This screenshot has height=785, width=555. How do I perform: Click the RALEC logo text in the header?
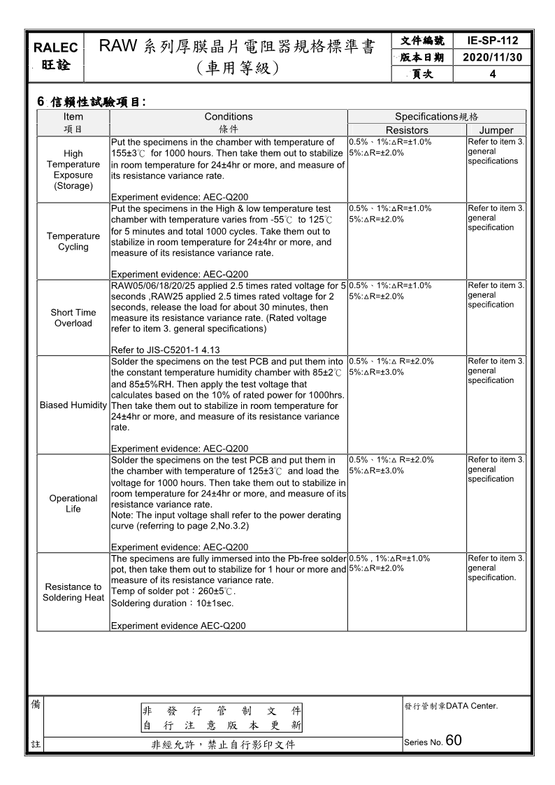point(55,48)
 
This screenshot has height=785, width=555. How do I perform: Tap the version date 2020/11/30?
point(493,57)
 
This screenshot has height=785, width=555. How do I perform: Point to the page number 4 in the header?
point(493,74)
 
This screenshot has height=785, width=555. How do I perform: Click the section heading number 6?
point(41,102)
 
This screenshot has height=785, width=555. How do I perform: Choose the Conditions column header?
point(229,117)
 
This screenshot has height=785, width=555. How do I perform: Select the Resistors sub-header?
point(407,130)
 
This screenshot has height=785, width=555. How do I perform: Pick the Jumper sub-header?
point(496,130)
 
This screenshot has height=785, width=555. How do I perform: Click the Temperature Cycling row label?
point(73,241)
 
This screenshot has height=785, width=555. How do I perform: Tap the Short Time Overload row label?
point(73,317)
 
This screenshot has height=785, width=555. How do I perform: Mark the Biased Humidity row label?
point(73,405)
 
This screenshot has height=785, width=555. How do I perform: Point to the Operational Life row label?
point(73,503)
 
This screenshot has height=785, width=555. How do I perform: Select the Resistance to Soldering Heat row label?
point(73,592)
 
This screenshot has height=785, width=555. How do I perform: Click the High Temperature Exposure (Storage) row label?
point(73,169)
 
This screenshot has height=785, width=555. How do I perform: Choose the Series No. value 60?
point(454,741)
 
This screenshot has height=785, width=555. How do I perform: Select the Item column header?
point(73,117)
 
